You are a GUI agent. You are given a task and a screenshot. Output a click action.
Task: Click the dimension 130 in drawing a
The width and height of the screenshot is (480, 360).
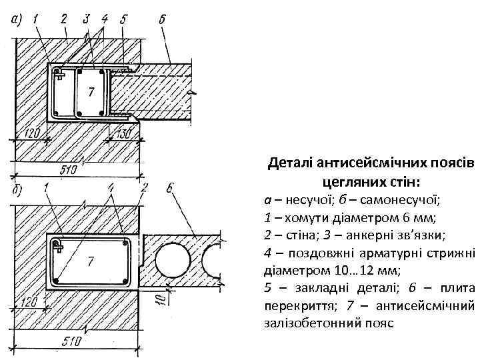[x=122, y=133]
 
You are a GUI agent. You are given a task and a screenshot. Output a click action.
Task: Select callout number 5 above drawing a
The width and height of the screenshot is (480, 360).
[x=124, y=19]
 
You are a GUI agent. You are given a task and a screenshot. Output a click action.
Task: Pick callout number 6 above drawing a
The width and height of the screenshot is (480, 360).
[x=163, y=19]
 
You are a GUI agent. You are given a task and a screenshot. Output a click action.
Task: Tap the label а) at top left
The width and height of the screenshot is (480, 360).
[x=17, y=20]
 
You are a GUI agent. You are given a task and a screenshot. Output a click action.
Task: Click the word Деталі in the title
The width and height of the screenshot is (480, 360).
[x=290, y=163]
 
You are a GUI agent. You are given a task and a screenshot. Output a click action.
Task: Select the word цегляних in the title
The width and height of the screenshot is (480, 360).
[x=347, y=181]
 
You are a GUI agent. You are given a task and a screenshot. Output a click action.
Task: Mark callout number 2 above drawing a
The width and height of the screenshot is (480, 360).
[x=64, y=19]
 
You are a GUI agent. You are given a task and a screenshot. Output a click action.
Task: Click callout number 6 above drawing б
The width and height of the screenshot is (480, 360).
[x=169, y=189]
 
